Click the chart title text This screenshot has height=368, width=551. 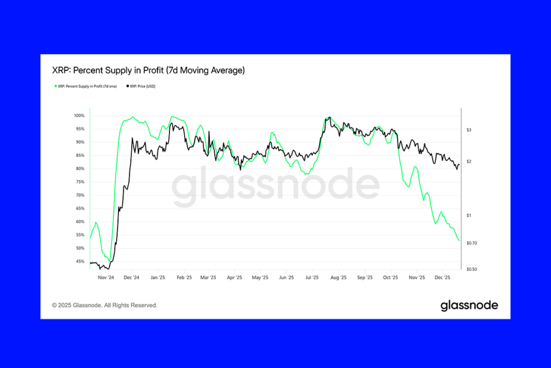pyautogui.click(x=148, y=71)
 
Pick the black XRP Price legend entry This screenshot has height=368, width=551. pyautogui.click(x=143, y=86)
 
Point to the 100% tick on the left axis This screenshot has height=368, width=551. pyautogui.click(x=79, y=116)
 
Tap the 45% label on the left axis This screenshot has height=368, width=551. pyautogui.click(x=80, y=261)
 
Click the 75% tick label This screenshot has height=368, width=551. pyautogui.click(x=80, y=182)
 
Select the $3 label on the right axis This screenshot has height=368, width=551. pyautogui.click(x=469, y=130)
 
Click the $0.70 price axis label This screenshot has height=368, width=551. pyautogui.click(x=471, y=243)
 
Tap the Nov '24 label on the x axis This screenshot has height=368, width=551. pyautogui.click(x=105, y=278)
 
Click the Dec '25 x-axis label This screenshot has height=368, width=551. pyautogui.click(x=442, y=278)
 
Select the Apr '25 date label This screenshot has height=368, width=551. pyautogui.click(x=235, y=278)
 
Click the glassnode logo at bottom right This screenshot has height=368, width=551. pyautogui.click(x=469, y=306)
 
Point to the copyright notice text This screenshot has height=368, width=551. pyautogui.click(x=104, y=305)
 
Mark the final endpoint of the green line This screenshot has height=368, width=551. pyautogui.click(x=459, y=241)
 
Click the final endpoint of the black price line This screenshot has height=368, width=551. pyautogui.click(x=459, y=165)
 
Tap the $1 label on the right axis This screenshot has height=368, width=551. pyautogui.click(x=469, y=216)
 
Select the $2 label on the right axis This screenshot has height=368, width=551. pyautogui.click(x=469, y=162)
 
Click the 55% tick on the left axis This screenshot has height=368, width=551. pyautogui.click(x=80, y=235)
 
